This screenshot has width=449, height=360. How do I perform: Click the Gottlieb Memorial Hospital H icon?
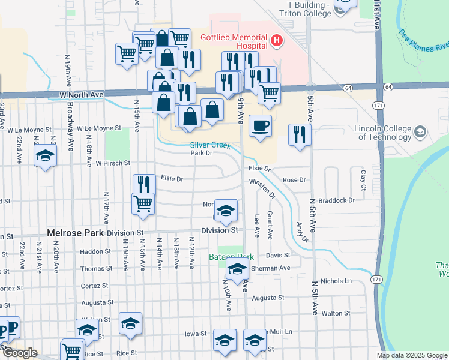[277, 41]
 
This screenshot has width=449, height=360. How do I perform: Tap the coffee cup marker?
[259, 126]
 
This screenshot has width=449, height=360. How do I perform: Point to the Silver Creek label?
[211, 145]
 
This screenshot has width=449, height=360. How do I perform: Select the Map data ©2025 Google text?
[411, 355]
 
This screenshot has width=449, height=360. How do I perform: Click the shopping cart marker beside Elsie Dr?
[143, 203]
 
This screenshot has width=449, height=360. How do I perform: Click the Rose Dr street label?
[294, 180]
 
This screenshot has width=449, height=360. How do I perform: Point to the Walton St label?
[336, 313]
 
